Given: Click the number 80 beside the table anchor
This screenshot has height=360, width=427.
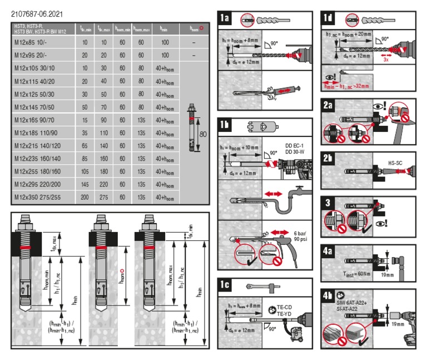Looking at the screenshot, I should tap(202, 134).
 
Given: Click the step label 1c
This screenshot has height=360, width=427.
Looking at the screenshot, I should tap(225, 285).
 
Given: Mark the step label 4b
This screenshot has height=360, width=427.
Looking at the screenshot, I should tap(329, 296).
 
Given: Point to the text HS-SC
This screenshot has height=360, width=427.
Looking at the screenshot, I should tap(395, 163).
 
